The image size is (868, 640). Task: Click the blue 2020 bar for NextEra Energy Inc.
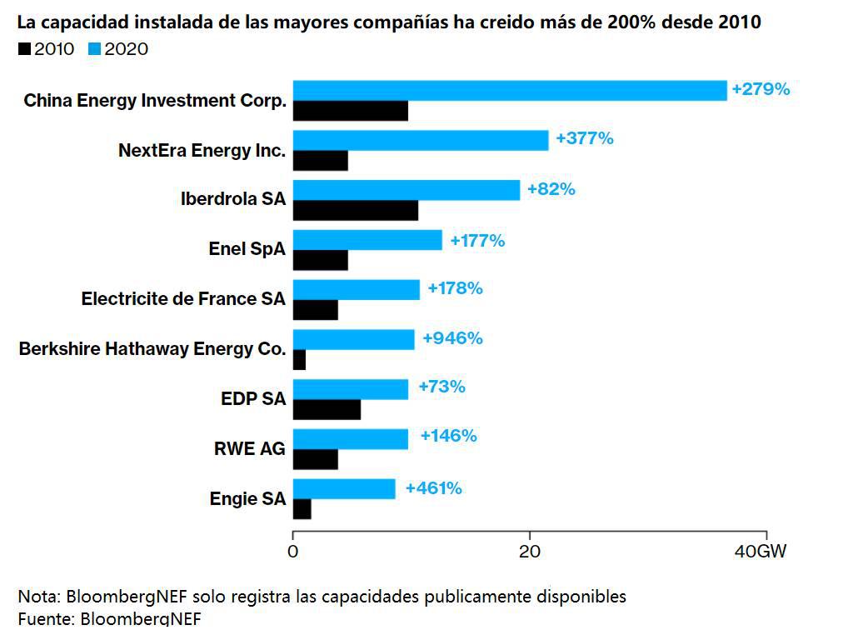pyautogui.click(x=421, y=140)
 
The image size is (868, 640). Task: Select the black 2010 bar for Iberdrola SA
pyautogui.click(x=356, y=211)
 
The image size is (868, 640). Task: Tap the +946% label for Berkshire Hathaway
pyautogui.click(x=452, y=338)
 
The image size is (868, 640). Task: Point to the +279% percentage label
pyautogui.click(x=760, y=88)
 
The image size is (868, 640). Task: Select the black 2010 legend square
pyautogui.click(x=24, y=50)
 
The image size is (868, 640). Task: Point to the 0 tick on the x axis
pyautogui.click(x=293, y=551)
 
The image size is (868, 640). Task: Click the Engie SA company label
pyautogui.click(x=247, y=499)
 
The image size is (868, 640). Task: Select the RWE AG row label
pyautogui.click(x=249, y=449)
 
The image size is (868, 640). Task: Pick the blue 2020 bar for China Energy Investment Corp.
pyautogui.click(x=510, y=90)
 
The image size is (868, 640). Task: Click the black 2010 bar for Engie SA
pyautogui.click(x=302, y=509)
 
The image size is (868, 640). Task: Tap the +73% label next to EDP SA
pyautogui.click(x=441, y=387)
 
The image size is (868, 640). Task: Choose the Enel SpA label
pyautogui.click(x=247, y=248)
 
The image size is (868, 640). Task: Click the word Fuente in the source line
pyautogui.click(x=43, y=618)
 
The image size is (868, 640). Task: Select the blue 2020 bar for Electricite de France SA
pyautogui.click(x=357, y=289)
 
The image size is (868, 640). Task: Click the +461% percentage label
pyautogui.click(x=433, y=487)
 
